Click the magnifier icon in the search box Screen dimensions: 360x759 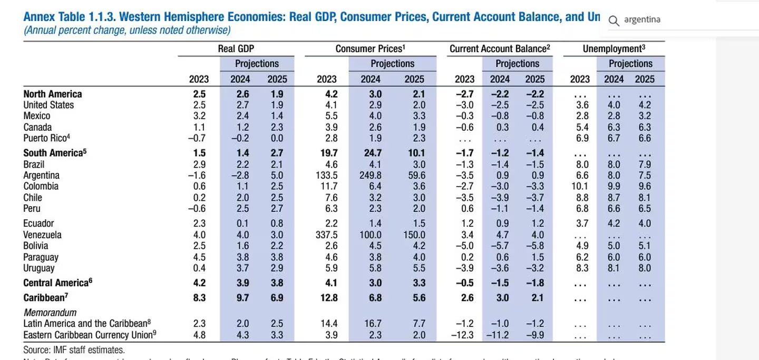click(614, 21)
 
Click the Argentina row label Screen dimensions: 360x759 click(41, 175)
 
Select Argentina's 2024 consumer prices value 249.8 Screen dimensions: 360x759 click(370, 175)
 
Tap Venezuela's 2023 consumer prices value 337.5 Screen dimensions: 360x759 click(326, 235)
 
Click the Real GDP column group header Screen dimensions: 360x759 click(236, 48)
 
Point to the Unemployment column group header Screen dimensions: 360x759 click(614, 48)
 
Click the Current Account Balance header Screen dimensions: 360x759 click(500, 48)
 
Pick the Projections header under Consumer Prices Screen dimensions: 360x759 click(392, 64)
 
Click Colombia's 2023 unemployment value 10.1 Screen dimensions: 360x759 click(580, 186)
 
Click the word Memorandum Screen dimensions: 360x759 click(50, 313)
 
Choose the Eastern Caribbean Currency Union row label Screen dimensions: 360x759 click(90, 335)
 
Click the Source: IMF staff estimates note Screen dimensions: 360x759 click(74, 350)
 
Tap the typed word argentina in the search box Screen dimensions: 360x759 click(642, 20)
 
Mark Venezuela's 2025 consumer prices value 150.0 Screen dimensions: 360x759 click(414, 235)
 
